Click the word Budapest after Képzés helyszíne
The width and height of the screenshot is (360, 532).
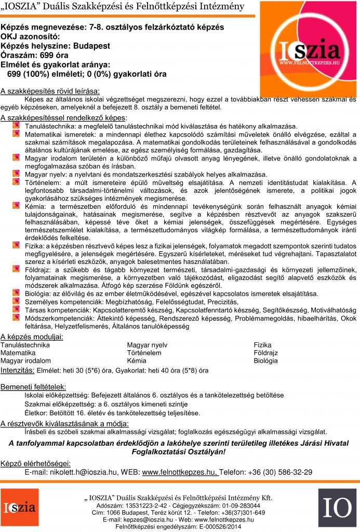(91, 46)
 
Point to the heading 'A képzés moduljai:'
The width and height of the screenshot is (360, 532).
(32, 337)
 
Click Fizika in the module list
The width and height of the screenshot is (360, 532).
(262, 345)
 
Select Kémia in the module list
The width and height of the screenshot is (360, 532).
(137, 361)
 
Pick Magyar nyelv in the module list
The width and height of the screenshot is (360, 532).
(147, 345)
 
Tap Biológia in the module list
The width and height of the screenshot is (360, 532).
(266, 361)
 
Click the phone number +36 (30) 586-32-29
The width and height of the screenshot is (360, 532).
(280, 472)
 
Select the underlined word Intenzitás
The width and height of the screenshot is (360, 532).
(17, 371)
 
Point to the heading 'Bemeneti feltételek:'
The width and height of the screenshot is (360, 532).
(33, 387)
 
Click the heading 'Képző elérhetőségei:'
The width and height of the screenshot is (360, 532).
(35, 463)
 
